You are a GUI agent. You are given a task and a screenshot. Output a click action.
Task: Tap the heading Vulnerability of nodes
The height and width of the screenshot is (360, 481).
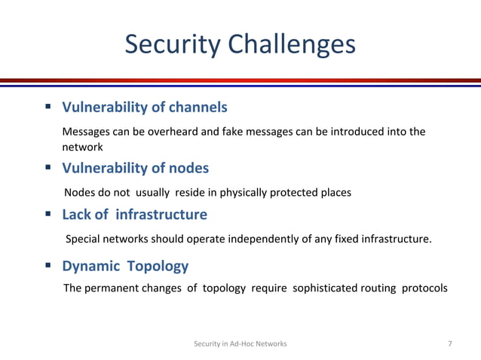point(135,167)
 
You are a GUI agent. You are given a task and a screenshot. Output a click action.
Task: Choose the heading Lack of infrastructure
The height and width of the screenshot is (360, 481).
point(134,215)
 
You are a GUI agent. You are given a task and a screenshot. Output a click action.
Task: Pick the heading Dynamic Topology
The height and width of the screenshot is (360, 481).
point(125,266)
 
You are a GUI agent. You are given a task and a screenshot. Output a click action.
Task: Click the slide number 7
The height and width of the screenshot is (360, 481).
point(450,344)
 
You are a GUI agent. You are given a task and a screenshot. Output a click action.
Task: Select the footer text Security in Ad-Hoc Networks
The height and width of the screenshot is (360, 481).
point(240,344)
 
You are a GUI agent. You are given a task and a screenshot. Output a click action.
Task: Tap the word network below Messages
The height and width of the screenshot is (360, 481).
point(82,148)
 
